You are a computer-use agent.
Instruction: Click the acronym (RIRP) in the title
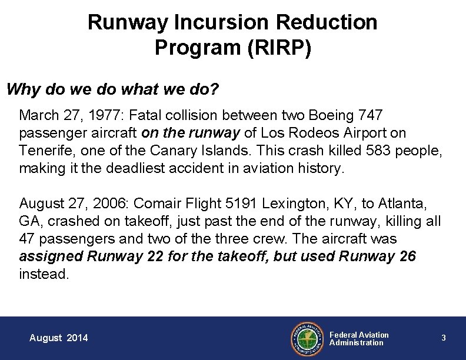pyautogui.click(x=277, y=48)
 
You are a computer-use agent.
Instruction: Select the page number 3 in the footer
pyautogui.click(x=444, y=338)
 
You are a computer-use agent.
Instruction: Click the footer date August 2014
pyautogui.click(x=59, y=338)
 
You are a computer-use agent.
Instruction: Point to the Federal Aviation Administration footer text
pyautogui.click(x=359, y=338)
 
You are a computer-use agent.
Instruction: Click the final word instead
pyautogui.click(x=44, y=275)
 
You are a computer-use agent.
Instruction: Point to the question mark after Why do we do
pyautogui.click(x=215, y=90)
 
